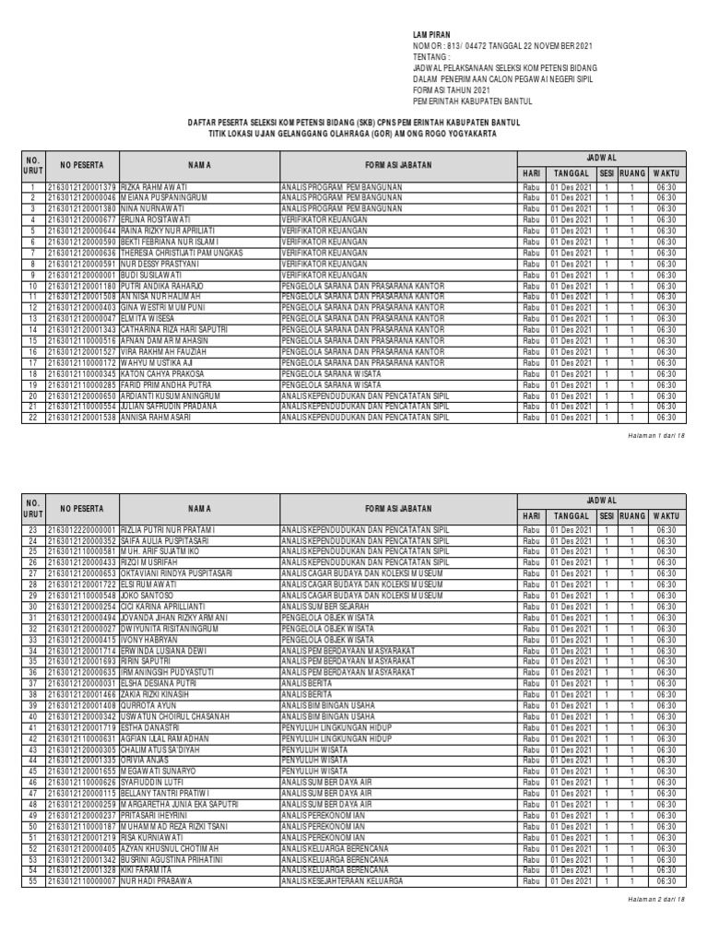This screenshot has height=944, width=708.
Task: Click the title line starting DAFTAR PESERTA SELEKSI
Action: pos(354,122)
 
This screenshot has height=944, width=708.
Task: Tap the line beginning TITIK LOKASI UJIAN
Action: pos(354,134)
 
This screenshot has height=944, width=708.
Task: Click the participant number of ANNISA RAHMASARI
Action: pos(81,416)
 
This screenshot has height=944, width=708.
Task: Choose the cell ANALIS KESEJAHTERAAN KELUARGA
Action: pos(343,879)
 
